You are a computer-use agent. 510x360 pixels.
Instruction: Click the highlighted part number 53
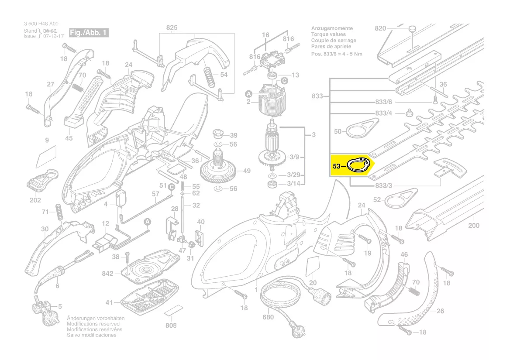pyautogui.click(x=336, y=166)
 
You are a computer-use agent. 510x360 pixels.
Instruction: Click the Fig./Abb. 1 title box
pyautogui.click(x=89, y=33)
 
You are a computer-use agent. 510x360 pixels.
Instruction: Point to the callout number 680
pyautogui.click(x=268, y=317)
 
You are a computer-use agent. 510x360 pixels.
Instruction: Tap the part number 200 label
pyautogui.click(x=473, y=226)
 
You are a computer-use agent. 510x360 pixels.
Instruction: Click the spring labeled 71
pyautogui.click(x=58, y=211)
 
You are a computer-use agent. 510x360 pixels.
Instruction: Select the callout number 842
pyautogui.click(x=107, y=274)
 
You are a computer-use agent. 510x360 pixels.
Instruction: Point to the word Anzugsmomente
pyautogui.click(x=331, y=28)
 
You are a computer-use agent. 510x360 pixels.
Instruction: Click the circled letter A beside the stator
pyautogui.click(x=248, y=94)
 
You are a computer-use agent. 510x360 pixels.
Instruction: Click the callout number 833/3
pyautogui.click(x=383, y=186)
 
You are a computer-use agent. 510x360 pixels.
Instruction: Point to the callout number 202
pyautogui.click(x=35, y=200)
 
